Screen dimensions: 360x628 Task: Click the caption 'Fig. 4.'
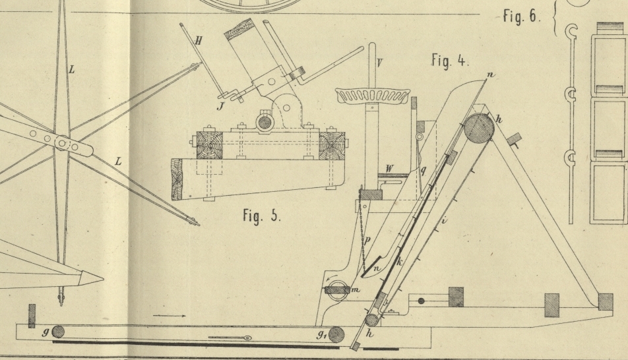tap(450, 61)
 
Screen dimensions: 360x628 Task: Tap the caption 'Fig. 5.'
tap(262, 216)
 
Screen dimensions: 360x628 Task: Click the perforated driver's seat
tap(372, 96)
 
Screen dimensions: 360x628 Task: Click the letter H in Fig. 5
tap(199, 41)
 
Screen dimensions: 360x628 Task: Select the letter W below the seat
tap(389, 169)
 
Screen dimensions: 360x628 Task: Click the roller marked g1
tap(337, 334)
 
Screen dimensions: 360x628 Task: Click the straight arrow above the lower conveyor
tap(169, 316)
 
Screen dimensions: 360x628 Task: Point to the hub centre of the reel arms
tap(61, 143)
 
